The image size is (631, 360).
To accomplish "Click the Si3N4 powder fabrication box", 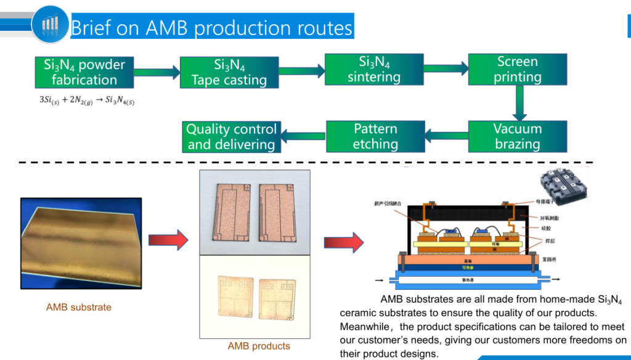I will click(x=84, y=72).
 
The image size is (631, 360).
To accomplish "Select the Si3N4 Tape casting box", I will click(x=229, y=72).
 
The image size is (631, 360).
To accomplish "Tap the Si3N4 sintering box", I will click(x=374, y=69).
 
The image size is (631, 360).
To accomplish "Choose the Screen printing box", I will click(x=518, y=69).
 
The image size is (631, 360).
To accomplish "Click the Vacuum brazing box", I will click(x=518, y=136).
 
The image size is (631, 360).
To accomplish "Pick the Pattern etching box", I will click(x=375, y=136).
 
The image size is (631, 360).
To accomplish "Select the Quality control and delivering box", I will click(x=231, y=137).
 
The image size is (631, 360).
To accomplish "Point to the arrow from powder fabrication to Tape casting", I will click(x=157, y=72).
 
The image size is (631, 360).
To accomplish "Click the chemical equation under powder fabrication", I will click(x=87, y=100).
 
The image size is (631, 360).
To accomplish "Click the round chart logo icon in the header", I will click(x=50, y=23).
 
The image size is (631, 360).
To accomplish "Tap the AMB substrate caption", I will click(x=79, y=307).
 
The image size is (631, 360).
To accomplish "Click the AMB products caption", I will click(x=259, y=346).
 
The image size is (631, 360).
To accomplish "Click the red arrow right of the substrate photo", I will click(x=168, y=239).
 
